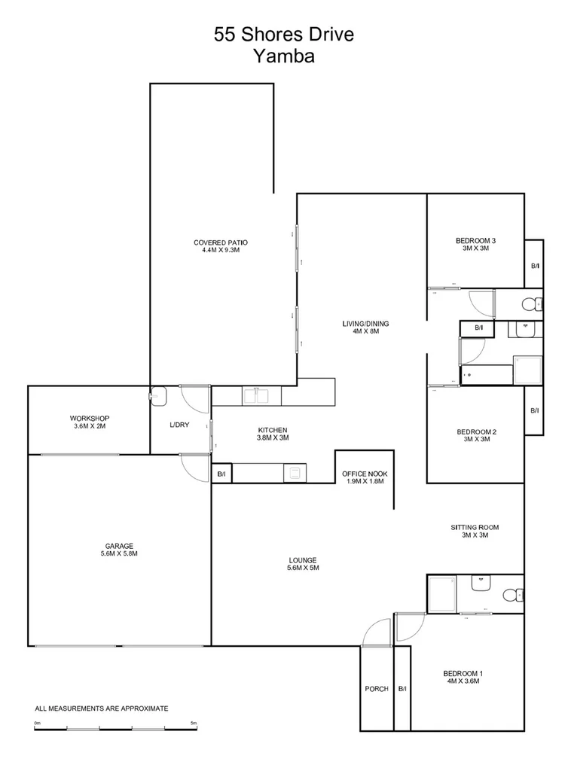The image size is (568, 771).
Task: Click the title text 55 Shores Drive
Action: pos(284,35)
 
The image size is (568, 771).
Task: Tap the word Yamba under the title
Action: pos(284,56)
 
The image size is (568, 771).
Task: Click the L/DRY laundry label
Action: pos(180,425)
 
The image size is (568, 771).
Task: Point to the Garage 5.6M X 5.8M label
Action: pos(119,550)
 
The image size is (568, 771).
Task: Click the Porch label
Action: pos(377,689)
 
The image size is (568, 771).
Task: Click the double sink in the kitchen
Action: pos(258,395)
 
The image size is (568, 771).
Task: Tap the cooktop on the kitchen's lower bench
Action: pos(295,473)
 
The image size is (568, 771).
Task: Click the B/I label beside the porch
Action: pos(402,689)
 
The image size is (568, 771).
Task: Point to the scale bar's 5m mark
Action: pos(194,724)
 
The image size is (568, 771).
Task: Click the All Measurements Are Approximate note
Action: pos(101,709)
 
